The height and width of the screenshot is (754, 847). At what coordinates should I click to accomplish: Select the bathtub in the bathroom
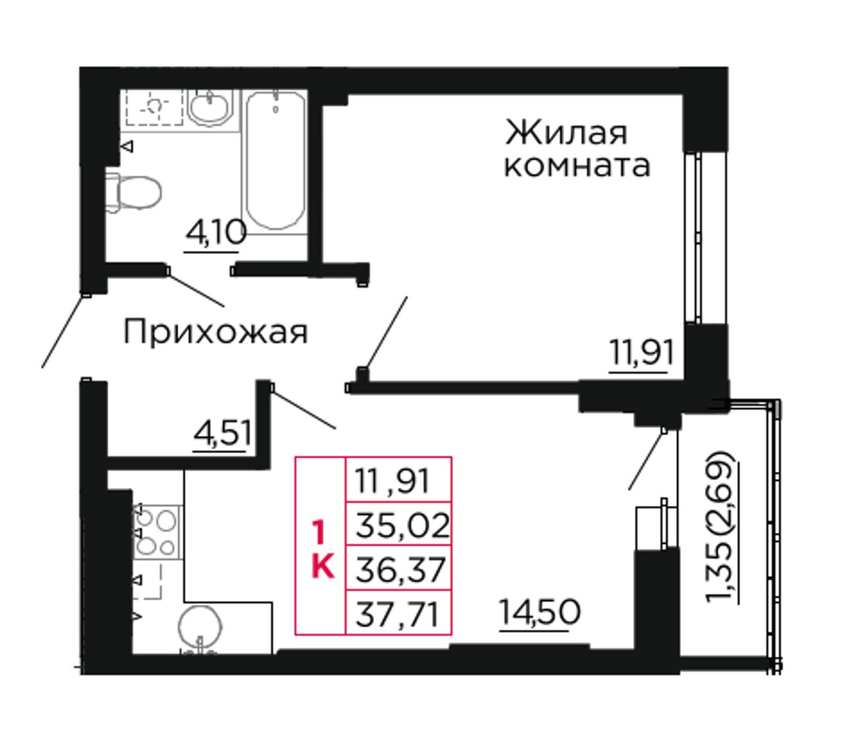click(275, 160)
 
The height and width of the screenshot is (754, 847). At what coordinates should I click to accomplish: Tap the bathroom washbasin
click(208, 107)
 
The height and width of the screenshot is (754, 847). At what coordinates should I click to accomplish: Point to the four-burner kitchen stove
click(157, 532)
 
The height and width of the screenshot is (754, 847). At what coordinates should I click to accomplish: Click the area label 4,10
click(215, 234)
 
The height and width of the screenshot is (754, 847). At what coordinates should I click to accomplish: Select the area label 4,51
click(222, 434)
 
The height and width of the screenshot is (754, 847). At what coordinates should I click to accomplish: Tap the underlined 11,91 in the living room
click(641, 353)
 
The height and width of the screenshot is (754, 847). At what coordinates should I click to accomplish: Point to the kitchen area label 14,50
click(540, 612)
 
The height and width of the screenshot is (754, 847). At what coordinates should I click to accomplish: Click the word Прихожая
click(216, 332)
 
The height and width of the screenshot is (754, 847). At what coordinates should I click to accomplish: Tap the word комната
click(577, 166)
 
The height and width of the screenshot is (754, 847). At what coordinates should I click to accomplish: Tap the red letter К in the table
click(323, 567)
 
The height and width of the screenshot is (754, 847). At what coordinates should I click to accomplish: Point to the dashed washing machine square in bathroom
click(155, 107)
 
